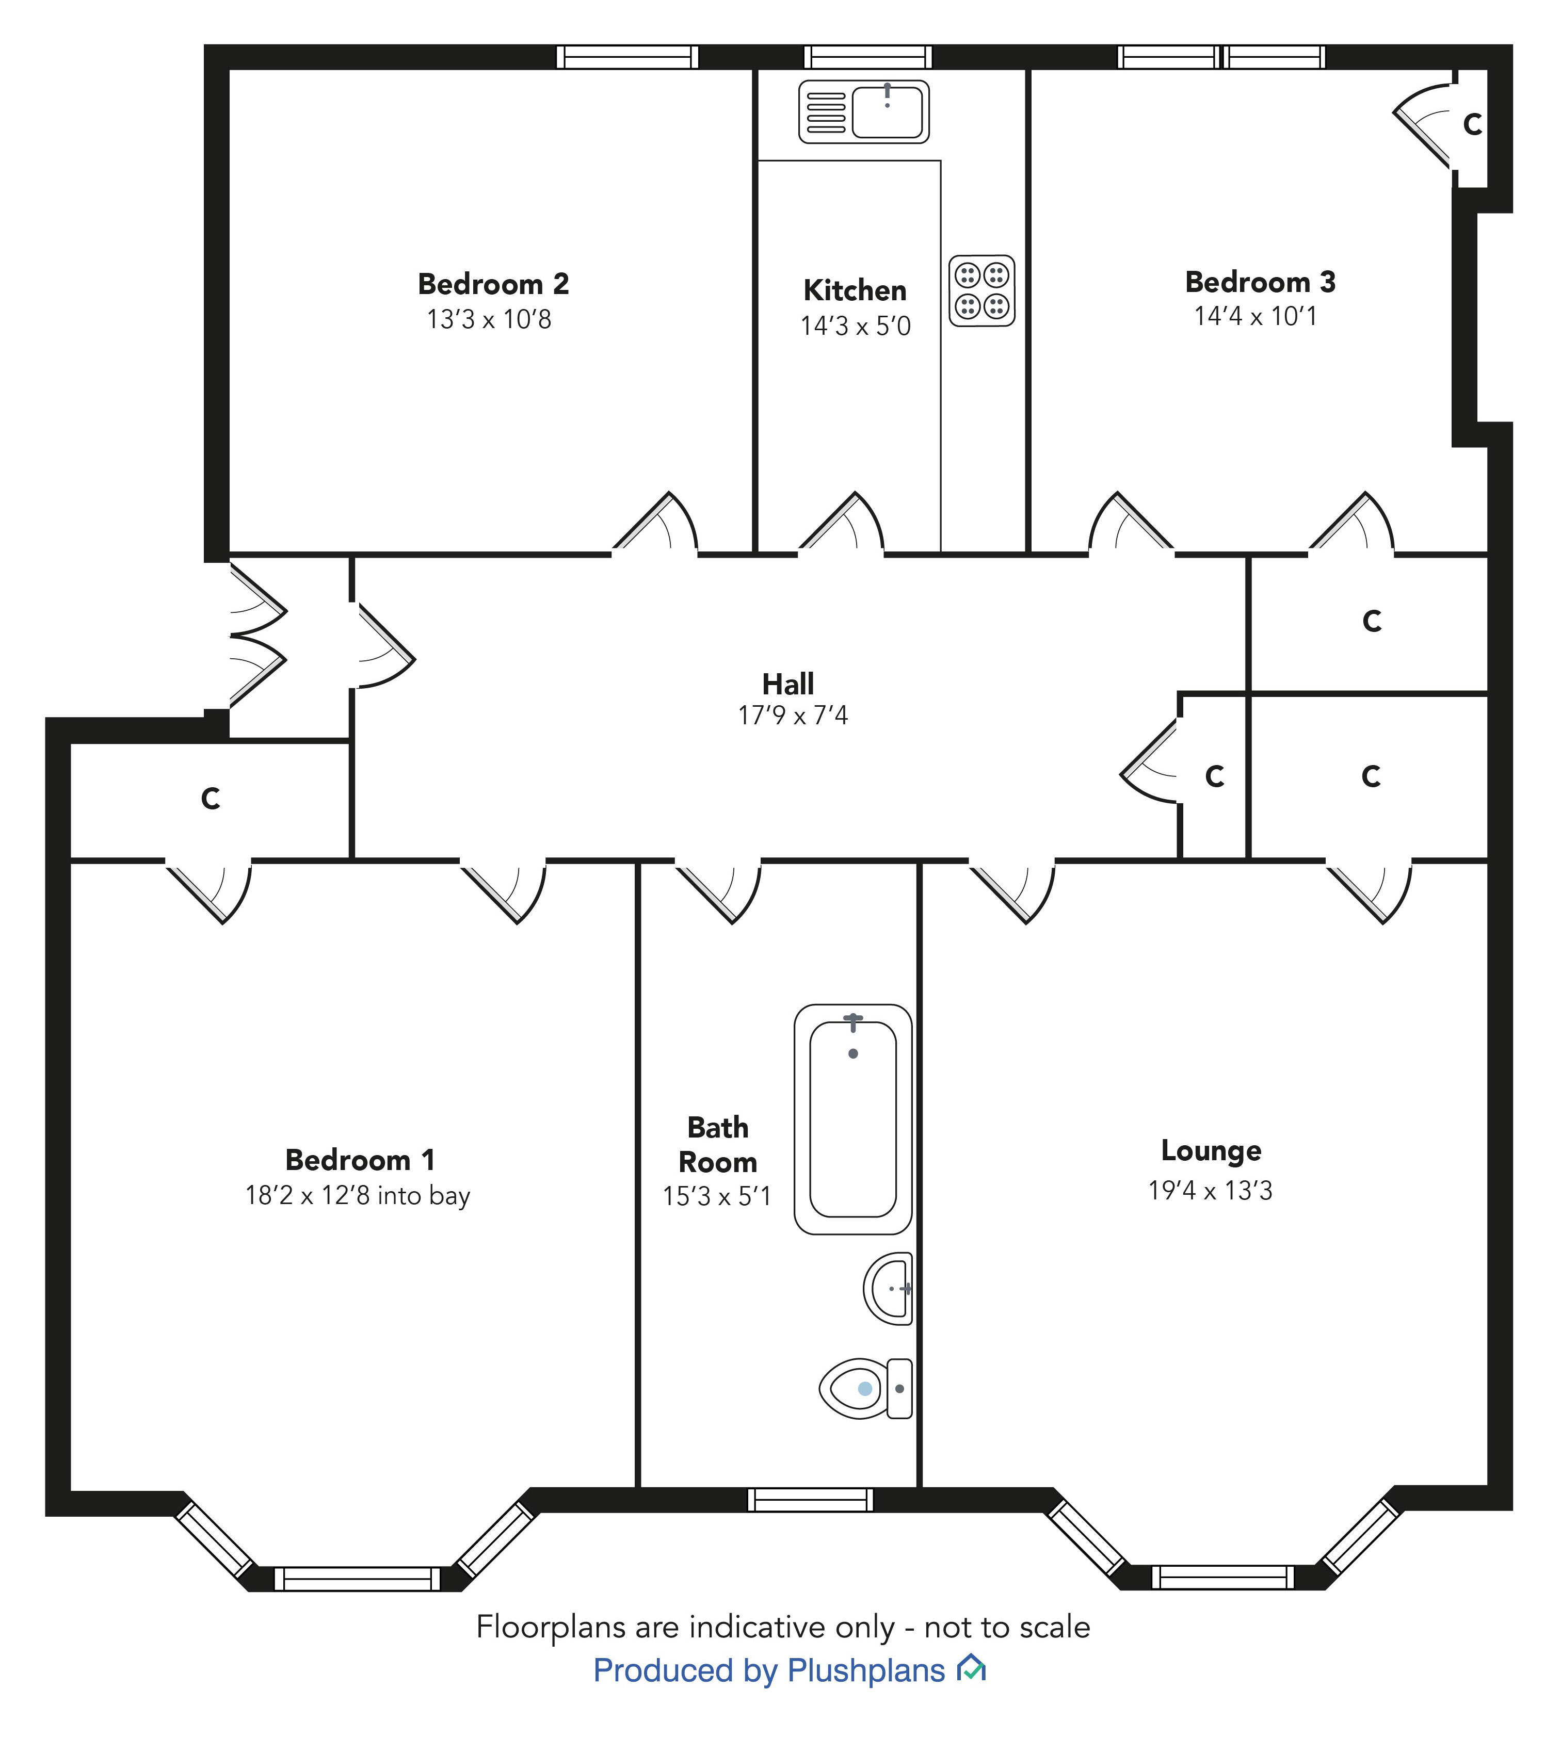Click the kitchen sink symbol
(864, 111)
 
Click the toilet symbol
(864, 1388)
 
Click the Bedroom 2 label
(493, 284)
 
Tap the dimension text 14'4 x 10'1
(1255, 316)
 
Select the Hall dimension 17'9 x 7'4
(793, 715)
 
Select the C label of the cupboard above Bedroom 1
(210, 798)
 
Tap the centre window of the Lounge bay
(1221, 1576)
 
